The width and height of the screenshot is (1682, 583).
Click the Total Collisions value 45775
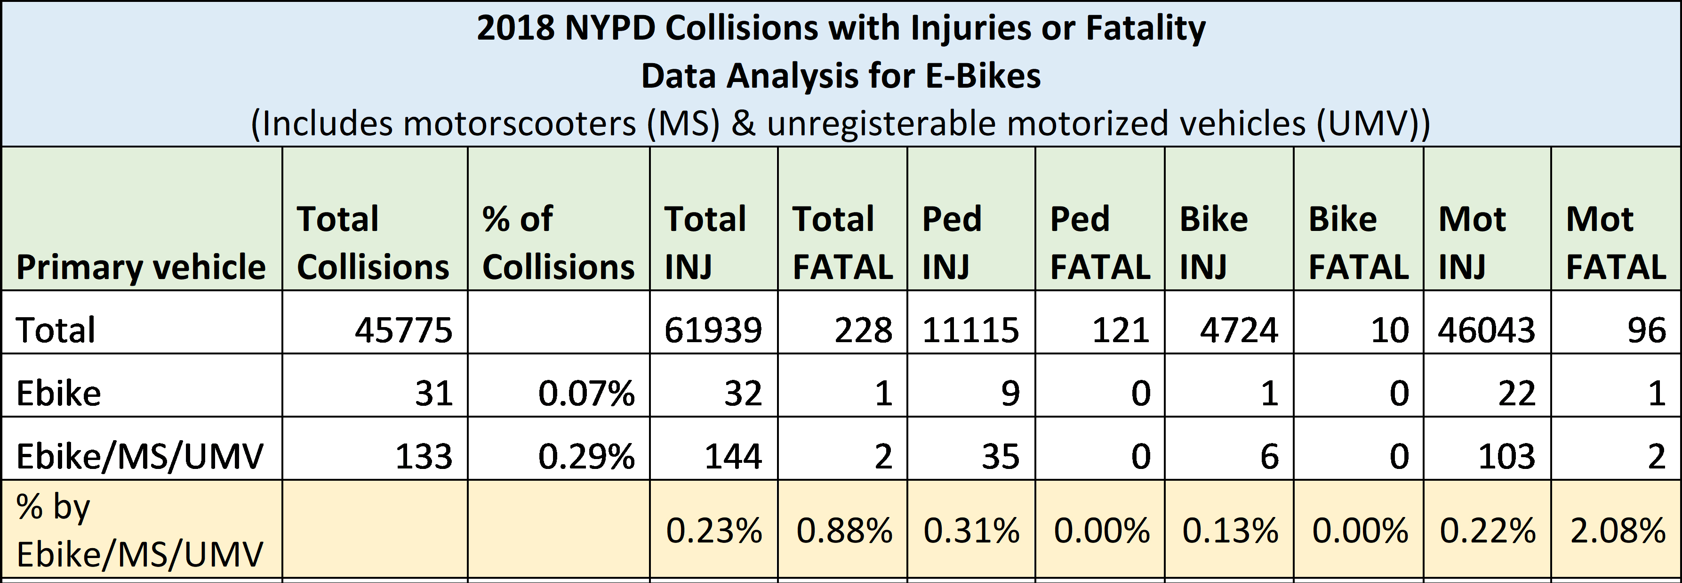(x=403, y=329)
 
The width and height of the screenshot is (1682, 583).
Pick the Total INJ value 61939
(x=713, y=329)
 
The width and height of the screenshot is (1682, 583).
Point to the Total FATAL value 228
(x=863, y=329)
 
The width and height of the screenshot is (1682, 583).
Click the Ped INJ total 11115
(x=970, y=329)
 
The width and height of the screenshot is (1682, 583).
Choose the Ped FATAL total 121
(x=1121, y=329)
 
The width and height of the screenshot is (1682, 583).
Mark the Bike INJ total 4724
(x=1239, y=329)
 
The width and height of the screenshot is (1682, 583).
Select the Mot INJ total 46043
(x=1486, y=329)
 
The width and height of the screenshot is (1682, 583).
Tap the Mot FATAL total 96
(x=1647, y=329)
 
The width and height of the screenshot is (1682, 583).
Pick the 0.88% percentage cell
(x=844, y=530)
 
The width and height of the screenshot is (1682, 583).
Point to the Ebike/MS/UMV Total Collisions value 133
(x=424, y=456)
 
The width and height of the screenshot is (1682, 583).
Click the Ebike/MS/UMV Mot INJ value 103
(x=1506, y=456)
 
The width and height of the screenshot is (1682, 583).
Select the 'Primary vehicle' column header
(x=141, y=267)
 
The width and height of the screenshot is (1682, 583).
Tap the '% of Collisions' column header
(x=558, y=242)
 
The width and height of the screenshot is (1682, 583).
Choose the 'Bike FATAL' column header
(x=1359, y=242)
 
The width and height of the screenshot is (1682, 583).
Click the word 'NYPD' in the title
(x=610, y=28)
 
